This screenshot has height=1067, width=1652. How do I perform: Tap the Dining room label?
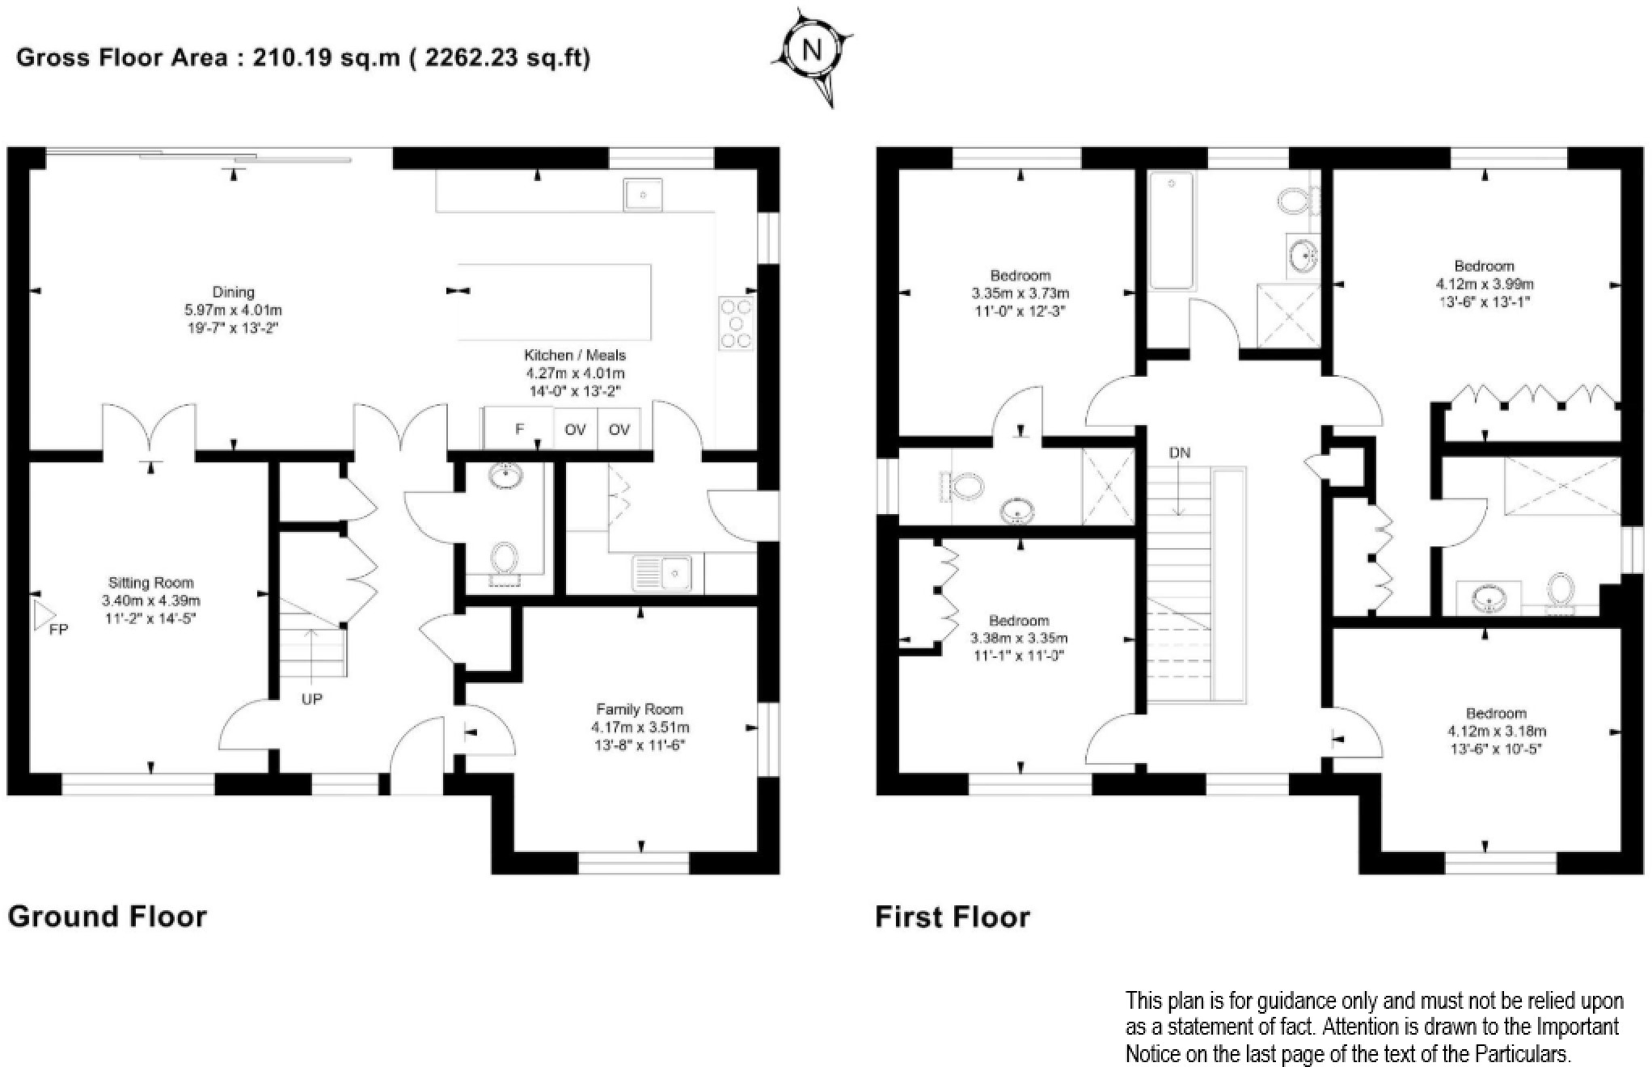coord(233,292)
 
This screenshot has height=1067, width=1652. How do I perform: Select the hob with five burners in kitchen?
coord(736,323)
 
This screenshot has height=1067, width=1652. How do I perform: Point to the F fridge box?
coord(519,429)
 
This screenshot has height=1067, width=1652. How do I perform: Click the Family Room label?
coord(640,709)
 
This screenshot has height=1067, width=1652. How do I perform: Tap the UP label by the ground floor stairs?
coord(311,699)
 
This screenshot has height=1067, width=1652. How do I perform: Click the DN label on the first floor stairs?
coord(1180,453)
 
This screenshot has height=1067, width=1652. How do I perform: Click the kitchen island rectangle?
coord(555,302)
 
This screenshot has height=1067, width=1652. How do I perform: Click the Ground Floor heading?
coord(108,916)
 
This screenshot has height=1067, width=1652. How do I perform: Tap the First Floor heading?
coord(953,917)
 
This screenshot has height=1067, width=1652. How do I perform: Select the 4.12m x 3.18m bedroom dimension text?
coord(1496,732)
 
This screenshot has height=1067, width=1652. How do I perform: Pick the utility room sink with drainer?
coord(661,572)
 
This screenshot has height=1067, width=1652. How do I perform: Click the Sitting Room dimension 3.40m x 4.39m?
coord(151,601)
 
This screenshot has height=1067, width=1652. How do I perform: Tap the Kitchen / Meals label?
coord(575,355)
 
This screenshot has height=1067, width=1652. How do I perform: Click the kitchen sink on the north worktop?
coord(644,196)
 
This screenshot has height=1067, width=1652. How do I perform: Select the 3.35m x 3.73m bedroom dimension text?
coord(1020,293)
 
